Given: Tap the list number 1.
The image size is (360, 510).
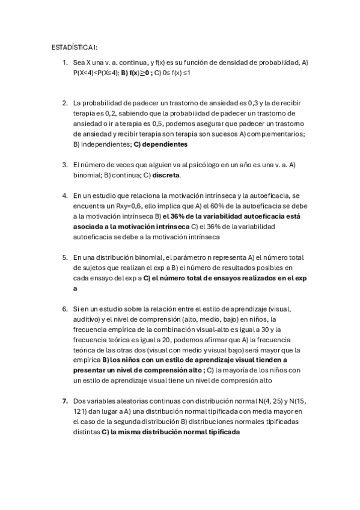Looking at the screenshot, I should pyautogui.click(x=65, y=63).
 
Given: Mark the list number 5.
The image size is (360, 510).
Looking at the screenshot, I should pyautogui.click(x=65, y=257).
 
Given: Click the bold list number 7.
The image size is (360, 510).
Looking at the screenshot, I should pyautogui.click(x=65, y=400).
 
